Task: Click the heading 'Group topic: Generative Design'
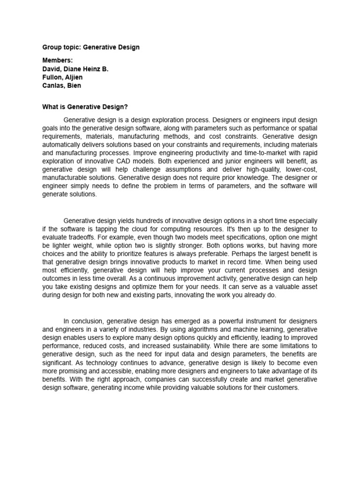pos(90,47)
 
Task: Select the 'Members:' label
pos(58,60)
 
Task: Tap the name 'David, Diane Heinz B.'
pos(75,69)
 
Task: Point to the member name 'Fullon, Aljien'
pos(63,77)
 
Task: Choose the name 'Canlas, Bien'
pos(61,86)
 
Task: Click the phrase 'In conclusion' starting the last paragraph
pos(82,321)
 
